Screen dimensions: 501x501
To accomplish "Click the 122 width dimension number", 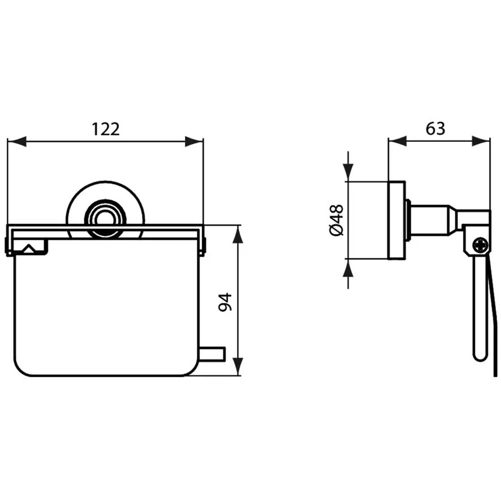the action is coord(106,129).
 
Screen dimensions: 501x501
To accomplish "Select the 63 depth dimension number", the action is coord(435,128).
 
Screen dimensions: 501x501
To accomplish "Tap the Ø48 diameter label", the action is coord(336,220).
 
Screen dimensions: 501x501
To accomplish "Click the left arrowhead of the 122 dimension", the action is coord(16,141).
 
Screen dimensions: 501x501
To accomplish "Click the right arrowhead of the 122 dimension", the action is coord(194,141).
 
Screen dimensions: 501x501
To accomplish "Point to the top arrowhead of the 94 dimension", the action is coord(237,235).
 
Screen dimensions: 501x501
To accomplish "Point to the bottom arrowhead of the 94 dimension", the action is coord(237,366).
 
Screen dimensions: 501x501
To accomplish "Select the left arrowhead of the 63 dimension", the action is coord(398,141).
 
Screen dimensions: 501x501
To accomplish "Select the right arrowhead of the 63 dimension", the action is coord(481,141).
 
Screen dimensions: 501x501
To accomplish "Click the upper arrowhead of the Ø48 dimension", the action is coord(348,172).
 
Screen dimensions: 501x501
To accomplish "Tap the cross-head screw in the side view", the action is coord(481,246).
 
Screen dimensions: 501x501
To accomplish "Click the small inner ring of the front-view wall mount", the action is coord(105,220).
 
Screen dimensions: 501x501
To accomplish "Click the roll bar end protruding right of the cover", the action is coord(212,354).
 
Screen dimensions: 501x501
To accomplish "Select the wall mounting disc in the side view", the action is coord(397,220).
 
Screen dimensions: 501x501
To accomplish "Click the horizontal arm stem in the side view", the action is coord(432,220).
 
